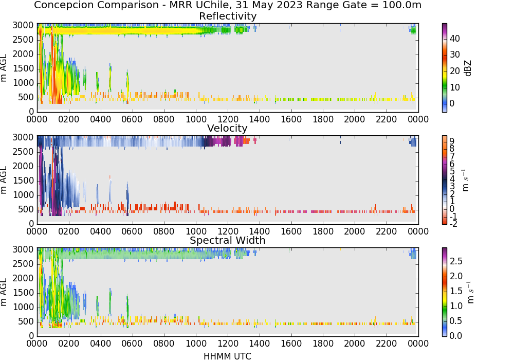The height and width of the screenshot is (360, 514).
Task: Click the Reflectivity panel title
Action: click(228, 16)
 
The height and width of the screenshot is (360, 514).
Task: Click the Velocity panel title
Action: click(227, 128)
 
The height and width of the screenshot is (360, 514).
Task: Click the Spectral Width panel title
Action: click(228, 240)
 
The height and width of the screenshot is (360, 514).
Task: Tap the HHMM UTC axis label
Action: click(227, 356)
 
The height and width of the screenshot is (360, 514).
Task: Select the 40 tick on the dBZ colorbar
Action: click(455, 39)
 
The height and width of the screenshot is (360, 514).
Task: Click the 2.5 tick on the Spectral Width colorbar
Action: click(456, 261)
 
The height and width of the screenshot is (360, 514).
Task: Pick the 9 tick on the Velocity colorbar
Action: click(452, 141)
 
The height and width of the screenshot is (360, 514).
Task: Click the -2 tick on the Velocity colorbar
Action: click(453, 224)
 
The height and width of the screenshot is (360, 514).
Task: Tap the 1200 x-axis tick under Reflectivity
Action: click(228, 119)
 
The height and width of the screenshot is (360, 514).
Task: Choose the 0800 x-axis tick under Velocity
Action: click(164, 231)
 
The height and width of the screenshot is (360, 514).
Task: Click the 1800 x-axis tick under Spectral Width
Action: click(323, 344)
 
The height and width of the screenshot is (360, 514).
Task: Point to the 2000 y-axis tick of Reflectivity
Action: click(23, 54)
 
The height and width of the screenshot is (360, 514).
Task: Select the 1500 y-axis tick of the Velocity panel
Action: click(23, 181)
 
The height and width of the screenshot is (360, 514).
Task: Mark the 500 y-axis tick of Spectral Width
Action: click(26, 321)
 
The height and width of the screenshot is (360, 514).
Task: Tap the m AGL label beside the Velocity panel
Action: click(4, 180)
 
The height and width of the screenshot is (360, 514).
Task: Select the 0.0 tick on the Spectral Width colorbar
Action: click(456, 336)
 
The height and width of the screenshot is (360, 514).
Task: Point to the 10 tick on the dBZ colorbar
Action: click(455, 87)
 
